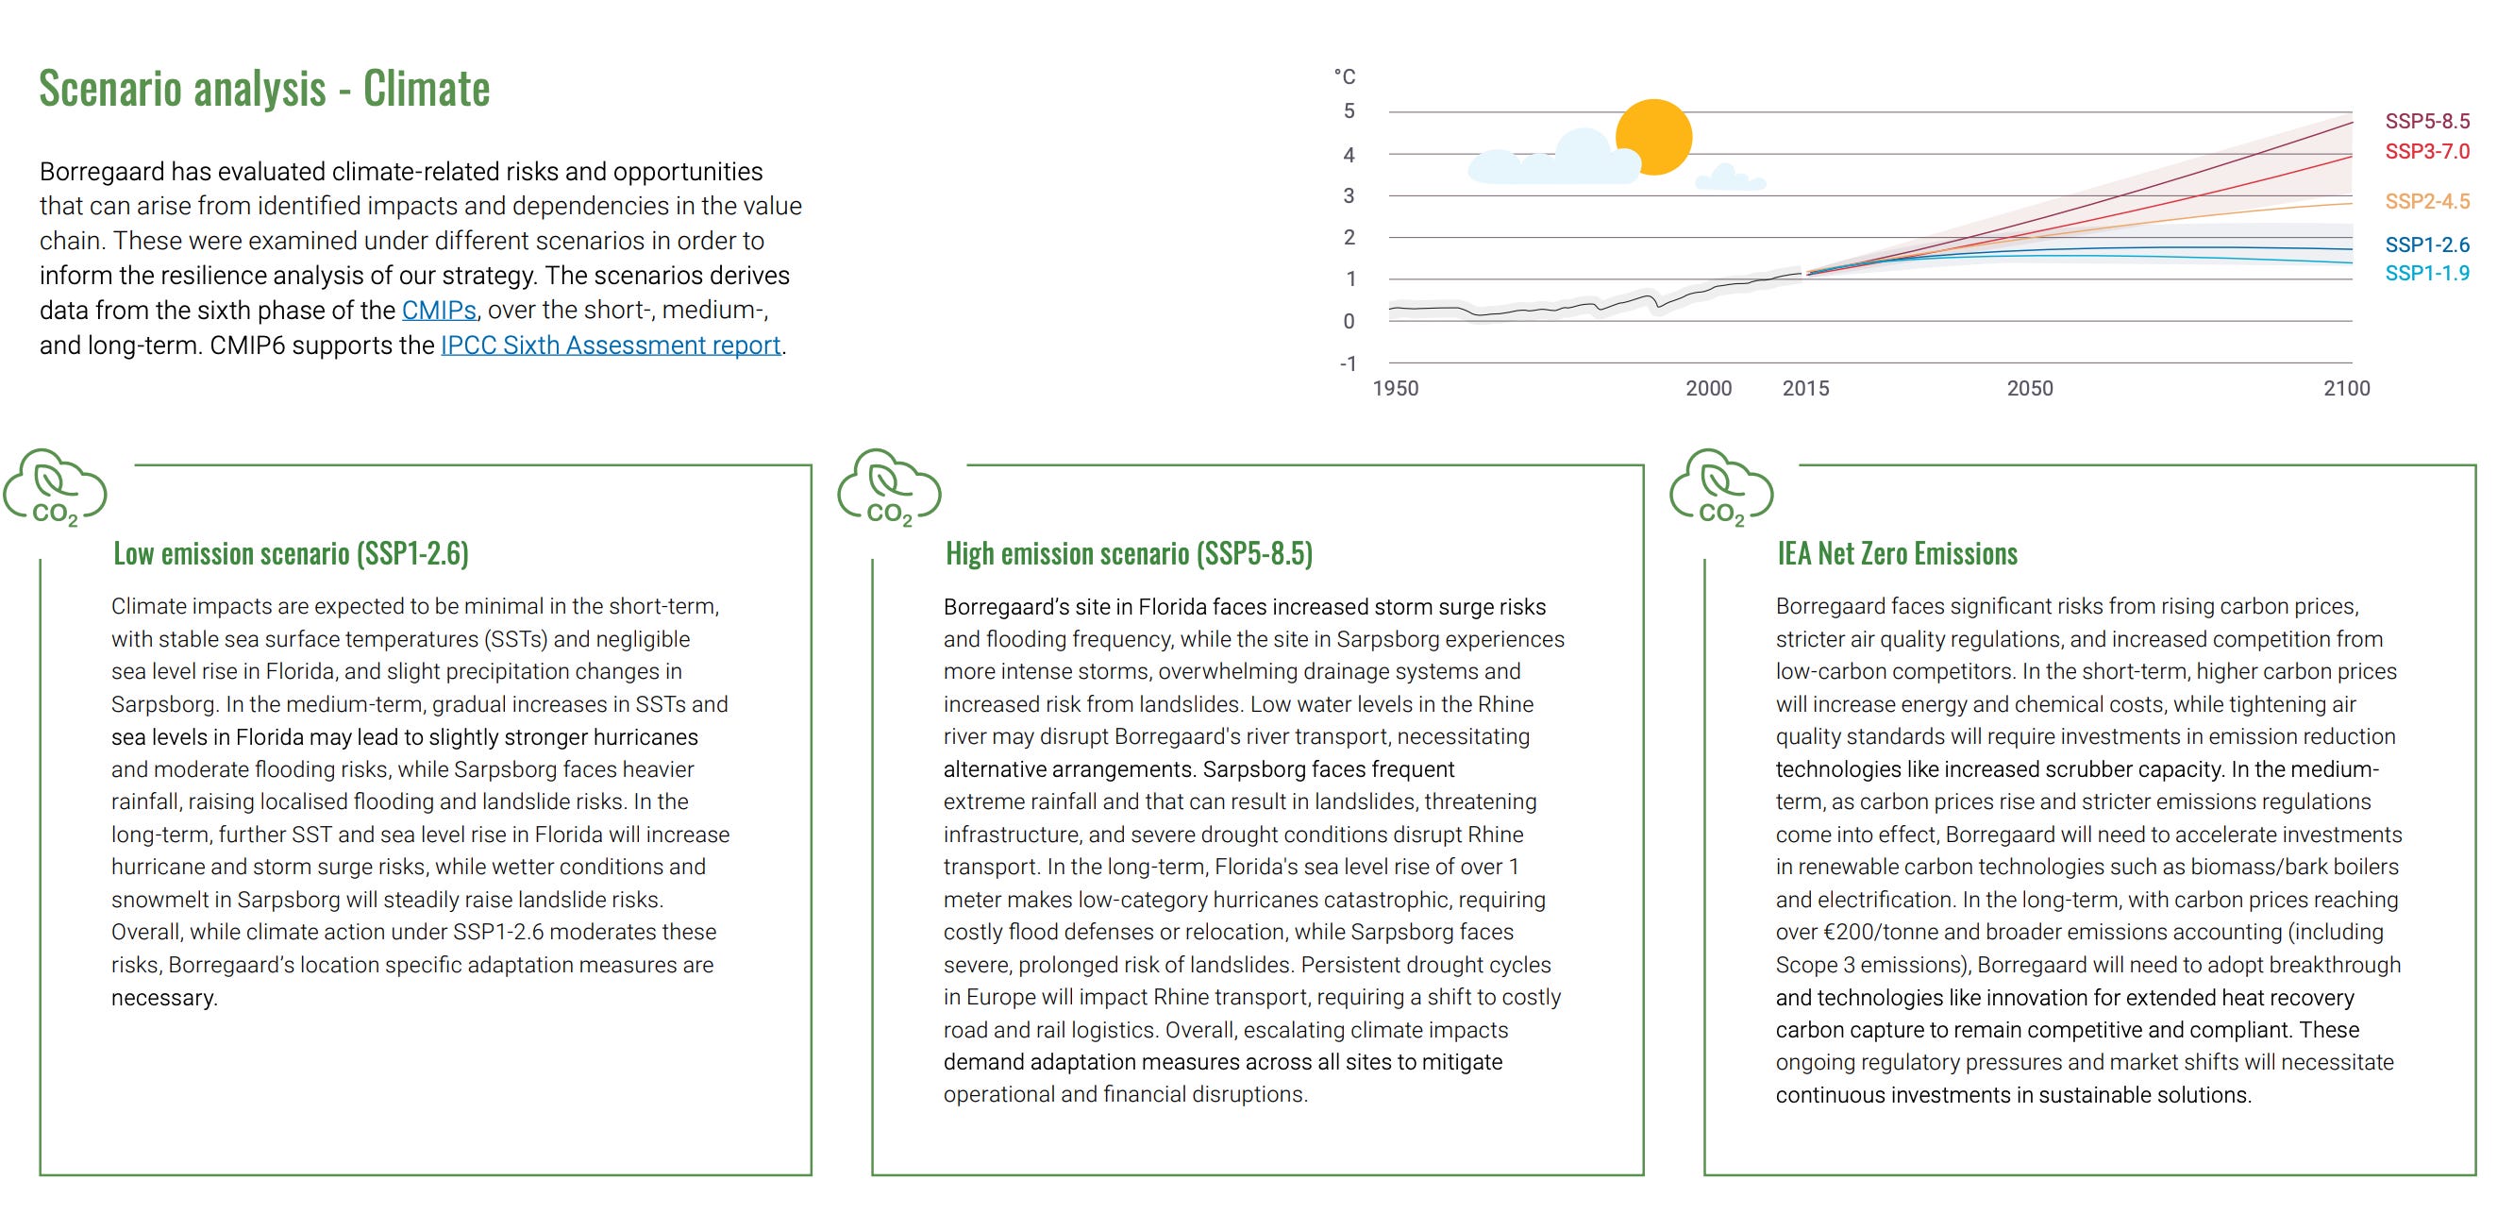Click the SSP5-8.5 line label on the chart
pyautogui.click(x=2427, y=121)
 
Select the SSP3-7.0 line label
pyautogui.click(x=2427, y=151)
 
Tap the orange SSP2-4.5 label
pyautogui.click(x=2427, y=201)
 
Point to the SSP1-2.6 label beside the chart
pyautogui.click(x=2427, y=244)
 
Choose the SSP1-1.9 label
pyautogui.click(x=2427, y=273)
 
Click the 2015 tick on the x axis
pyautogui.click(x=1805, y=388)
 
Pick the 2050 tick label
pyautogui.click(x=2030, y=388)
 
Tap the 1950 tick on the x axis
pyautogui.click(x=1396, y=388)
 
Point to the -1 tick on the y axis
pyautogui.click(x=1348, y=364)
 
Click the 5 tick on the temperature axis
pyautogui.click(x=1349, y=111)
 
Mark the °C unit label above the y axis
pyautogui.click(x=1345, y=77)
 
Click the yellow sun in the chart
pyautogui.click(x=1653, y=137)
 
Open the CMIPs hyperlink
pyautogui.click(x=439, y=311)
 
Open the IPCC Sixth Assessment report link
pyautogui.click(x=611, y=346)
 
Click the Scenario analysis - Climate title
pyautogui.click(x=264, y=89)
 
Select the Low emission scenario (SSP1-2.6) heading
pyautogui.click(x=291, y=553)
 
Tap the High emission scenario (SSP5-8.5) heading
pyautogui.click(x=1130, y=553)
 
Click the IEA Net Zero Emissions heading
pyautogui.click(x=1897, y=553)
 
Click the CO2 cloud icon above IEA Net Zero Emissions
pyautogui.click(x=1721, y=488)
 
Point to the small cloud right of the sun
pyautogui.click(x=1731, y=177)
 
